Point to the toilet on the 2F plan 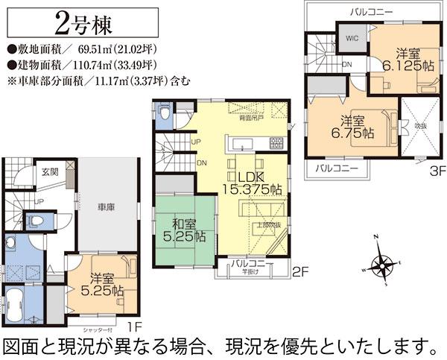(164, 112)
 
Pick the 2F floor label (299, 273)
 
